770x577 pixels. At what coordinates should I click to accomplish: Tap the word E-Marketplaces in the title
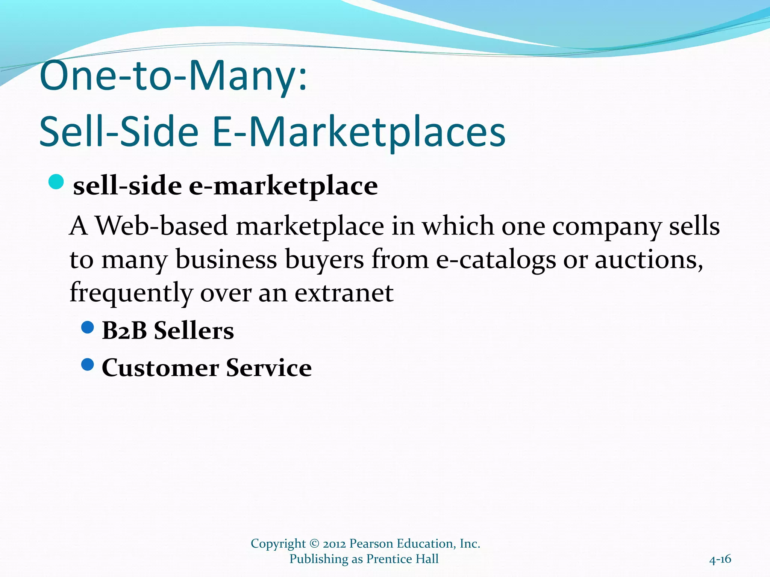359,132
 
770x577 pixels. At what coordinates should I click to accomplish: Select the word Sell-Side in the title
119,132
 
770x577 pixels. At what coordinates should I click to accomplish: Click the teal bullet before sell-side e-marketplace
56,183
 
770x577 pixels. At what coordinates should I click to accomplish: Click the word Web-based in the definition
162,226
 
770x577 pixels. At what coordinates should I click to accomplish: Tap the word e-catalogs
496,260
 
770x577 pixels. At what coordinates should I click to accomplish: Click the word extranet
344,293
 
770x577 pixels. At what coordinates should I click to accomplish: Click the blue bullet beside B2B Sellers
87,328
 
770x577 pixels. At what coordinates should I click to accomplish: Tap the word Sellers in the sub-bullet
194,331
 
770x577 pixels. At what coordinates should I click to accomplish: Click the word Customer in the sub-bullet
160,368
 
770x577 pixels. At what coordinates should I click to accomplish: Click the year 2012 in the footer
335,544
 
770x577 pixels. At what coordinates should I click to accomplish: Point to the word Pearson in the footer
371,544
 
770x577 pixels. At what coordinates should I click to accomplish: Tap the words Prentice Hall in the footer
402,559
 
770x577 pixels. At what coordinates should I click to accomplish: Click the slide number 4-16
720,559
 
